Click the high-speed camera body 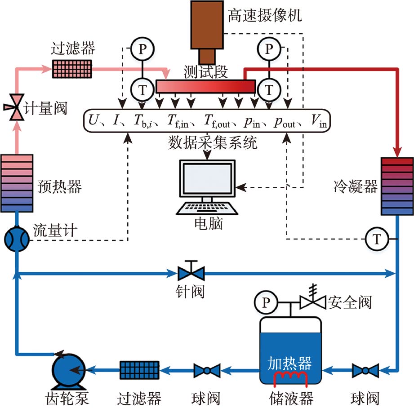click(207, 25)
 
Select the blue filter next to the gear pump click(139, 370)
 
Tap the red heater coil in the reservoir click(290, 377)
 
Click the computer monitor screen click(207, 179)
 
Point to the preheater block click(17, 183)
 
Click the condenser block click(397, 185)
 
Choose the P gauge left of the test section click(142, 49)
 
